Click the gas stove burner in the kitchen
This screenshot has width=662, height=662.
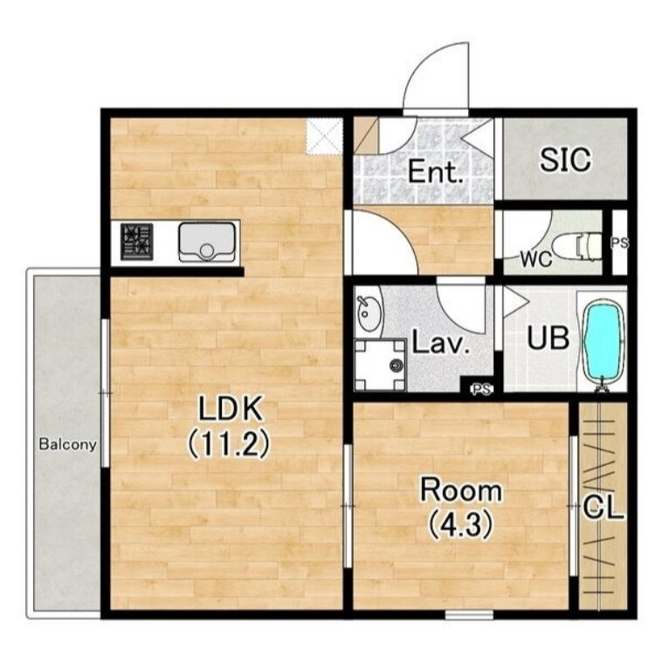pyautogui.click(x=137, y=242)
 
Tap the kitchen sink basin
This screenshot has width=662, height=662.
pyautogui.click(x=207, y=242)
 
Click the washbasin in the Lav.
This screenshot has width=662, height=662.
pyautogui.click(x=369, y=314)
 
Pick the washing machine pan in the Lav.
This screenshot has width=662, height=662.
pyautogui.click(x=380, y=365)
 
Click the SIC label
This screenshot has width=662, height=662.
pyautogui.click(x=565, y=160)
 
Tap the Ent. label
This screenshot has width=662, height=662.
pyautogui.click(x=435, y=171)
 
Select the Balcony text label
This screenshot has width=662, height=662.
pyautogui.click(x=67, y=445)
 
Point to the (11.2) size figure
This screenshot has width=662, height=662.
pyautogui.click(x=228, y=445)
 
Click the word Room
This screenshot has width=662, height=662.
pyautogui.click(x=461, y=490)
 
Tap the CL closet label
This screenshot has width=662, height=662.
pyautogui.click(x=603, y=509)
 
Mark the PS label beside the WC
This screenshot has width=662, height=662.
pyautogui.click(x=620, y=243)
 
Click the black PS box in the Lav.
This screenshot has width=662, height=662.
pyautogui.click(x=477, y=384)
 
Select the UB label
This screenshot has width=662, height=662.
pyautogui.click(x=548, y=338)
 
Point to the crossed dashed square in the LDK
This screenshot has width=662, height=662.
pyautogui.click(x=324, y=136)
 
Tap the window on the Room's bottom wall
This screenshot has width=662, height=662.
pyautogui.click(x=469, y=614)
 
